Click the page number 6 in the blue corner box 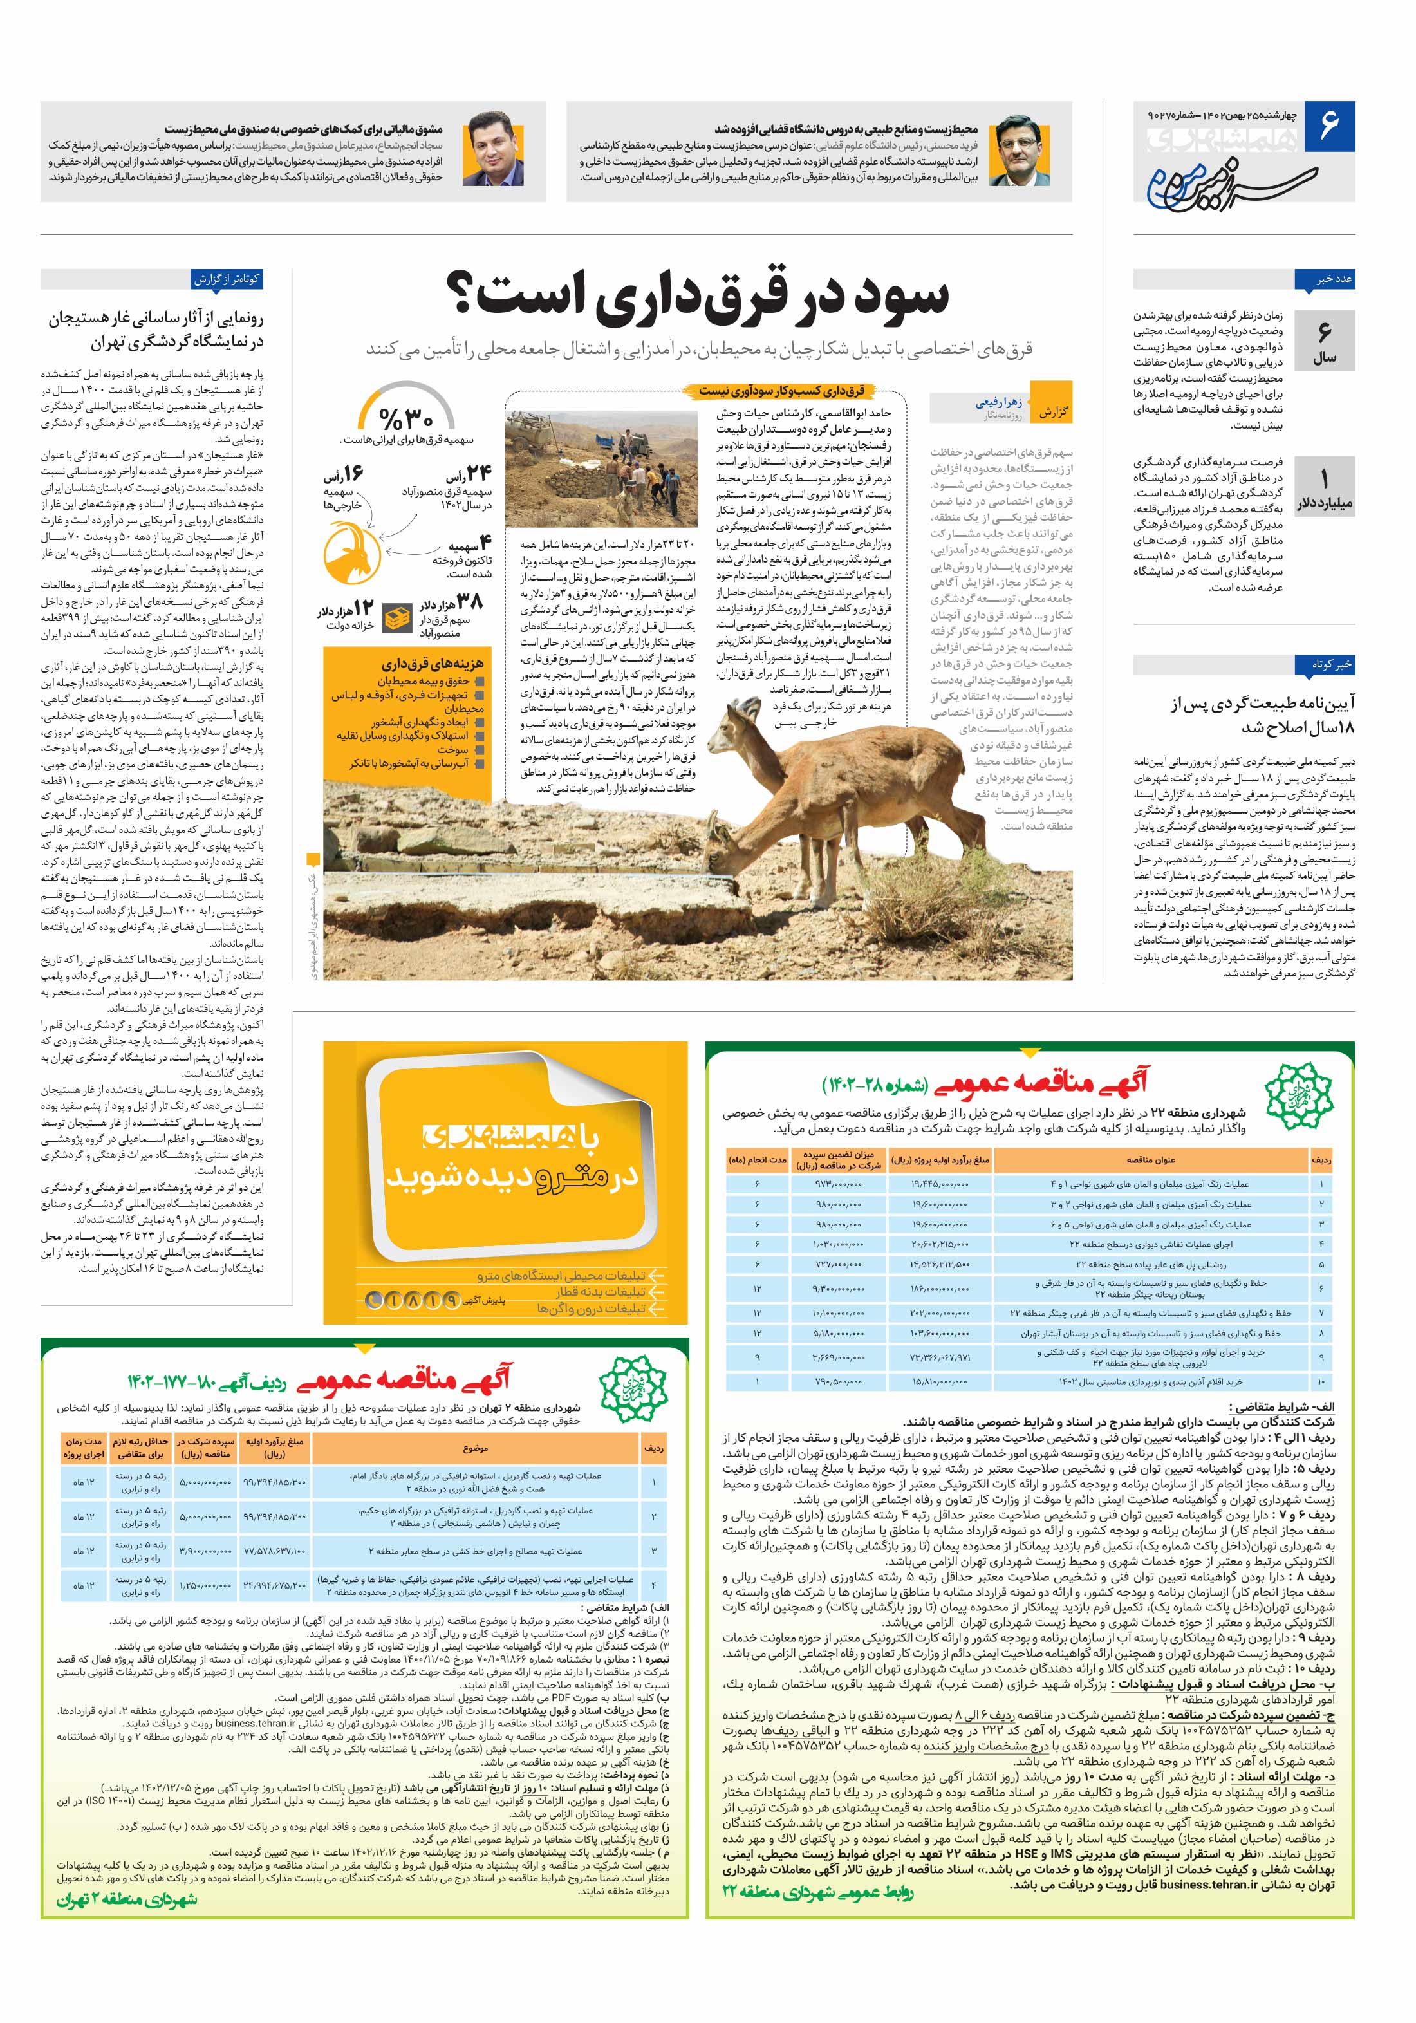1328,124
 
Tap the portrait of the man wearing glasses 1014,151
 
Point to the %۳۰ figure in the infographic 406,418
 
